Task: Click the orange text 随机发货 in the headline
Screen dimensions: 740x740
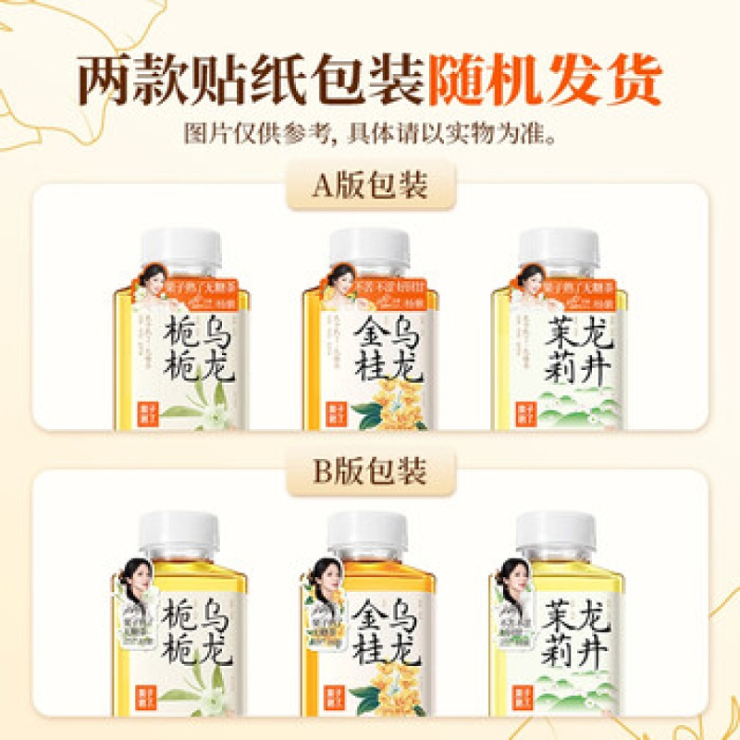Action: tap(544, 81)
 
